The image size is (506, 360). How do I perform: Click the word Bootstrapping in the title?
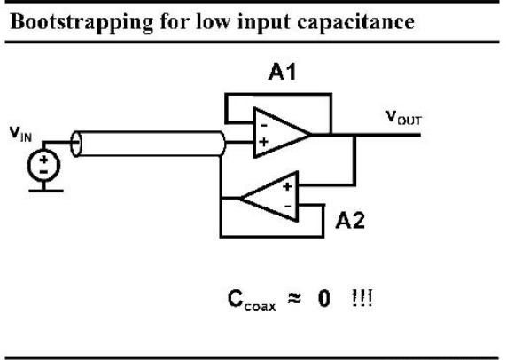(82, 22)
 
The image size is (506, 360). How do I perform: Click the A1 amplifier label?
(282, 72)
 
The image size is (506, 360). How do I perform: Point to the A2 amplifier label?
(350, 221)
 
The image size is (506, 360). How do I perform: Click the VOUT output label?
(404, 118)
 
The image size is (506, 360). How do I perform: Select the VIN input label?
(20, 133)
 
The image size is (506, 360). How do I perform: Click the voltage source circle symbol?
(43, 165)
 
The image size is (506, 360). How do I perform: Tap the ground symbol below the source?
(46, 191)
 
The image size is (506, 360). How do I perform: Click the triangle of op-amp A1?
(282, 133)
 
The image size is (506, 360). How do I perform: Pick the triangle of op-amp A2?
(269, 197)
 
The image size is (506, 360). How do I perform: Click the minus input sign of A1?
(264, 125)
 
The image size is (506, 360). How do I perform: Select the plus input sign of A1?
(264, 142)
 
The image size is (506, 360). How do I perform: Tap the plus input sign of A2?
(287, 186)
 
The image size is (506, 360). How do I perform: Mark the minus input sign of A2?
(287, 206)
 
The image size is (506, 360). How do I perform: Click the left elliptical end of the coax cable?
(76, 144)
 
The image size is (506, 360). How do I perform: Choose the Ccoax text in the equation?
(252, 301)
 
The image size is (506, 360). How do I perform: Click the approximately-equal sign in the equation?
(294, 299)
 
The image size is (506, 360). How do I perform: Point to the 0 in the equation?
(324, 298)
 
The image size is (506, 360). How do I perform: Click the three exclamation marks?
(362, 298)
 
